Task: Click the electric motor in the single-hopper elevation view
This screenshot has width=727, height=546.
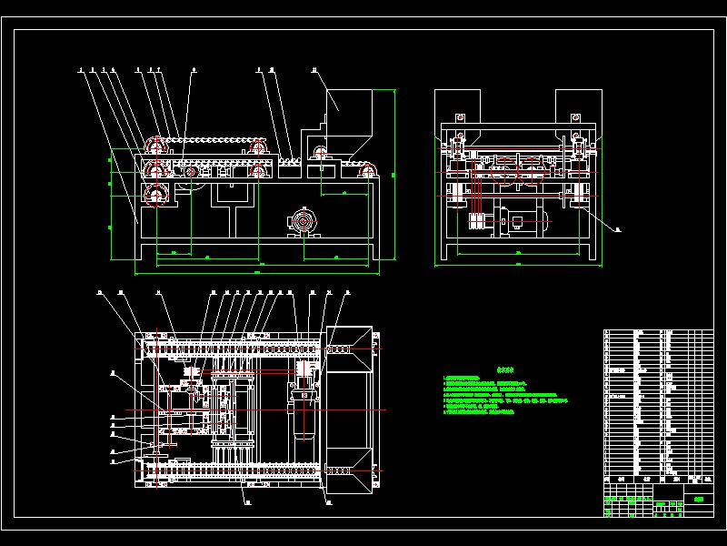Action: tap(302, 222)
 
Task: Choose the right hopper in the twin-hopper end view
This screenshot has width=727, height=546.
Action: tap(574, 105)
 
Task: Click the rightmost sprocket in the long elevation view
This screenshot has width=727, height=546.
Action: tap(368, 168)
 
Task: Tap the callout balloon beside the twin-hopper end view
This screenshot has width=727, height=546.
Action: tap(617, 230)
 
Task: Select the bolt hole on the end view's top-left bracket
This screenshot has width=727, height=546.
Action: tap(461, 117)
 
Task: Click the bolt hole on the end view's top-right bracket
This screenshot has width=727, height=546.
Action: tap(574, 117)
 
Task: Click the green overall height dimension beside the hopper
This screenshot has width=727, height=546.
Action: tap(394, 173)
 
